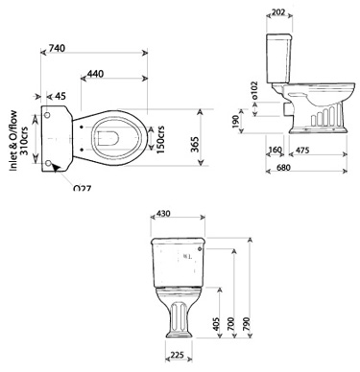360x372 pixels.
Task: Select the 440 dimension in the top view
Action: (x=96, y=75)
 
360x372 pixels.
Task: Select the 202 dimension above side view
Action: (x=278, y=12)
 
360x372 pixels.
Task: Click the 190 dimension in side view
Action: (x=236, y=122)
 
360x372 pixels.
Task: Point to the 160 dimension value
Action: (x=276, y=150)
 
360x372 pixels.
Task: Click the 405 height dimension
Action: (x=218, y=325)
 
